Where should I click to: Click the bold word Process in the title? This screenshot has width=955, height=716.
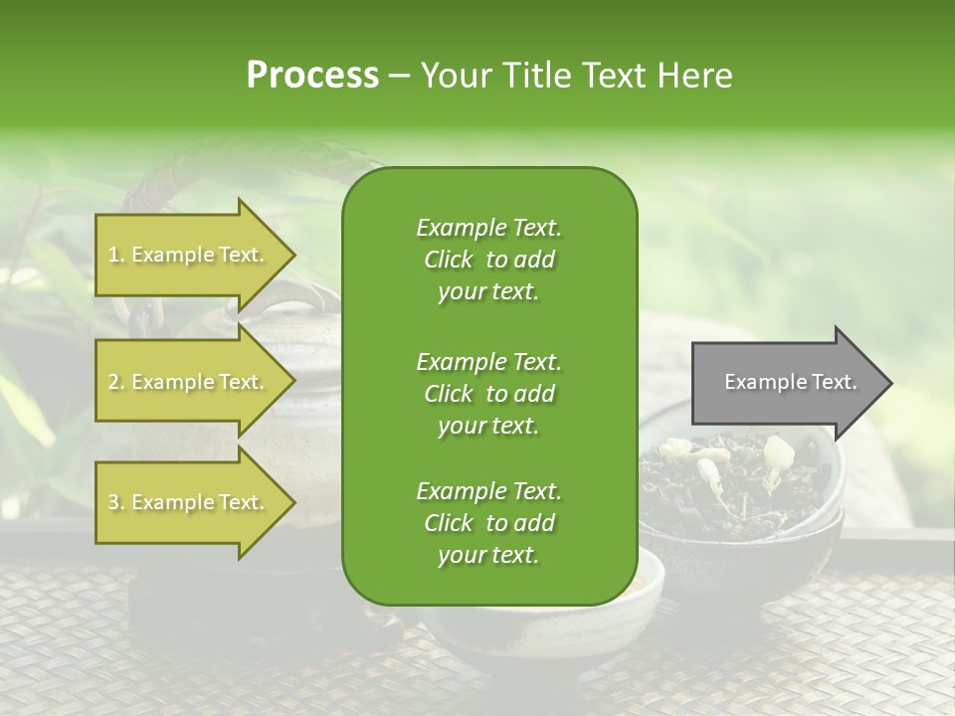click(x=312, y=76)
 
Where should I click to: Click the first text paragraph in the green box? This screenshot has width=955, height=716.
click(x=488, y=260)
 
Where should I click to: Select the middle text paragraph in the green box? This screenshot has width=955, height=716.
click(x=488, y=393)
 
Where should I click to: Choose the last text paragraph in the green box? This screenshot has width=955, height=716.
click(x=488, y=523)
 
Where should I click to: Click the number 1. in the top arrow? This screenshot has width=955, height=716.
click(x=116, y=255)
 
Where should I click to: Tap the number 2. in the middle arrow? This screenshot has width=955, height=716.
click(x=116, y=382)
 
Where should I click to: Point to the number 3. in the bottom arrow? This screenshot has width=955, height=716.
click(x=116, y=502)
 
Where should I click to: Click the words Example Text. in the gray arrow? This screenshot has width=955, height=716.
click(x=790, y=383)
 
